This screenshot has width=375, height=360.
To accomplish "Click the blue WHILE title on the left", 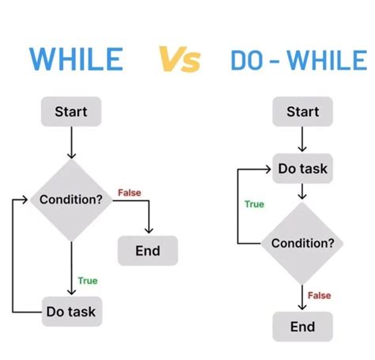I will [x=76, y=59].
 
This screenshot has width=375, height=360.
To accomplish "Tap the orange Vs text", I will [x=180, y=59].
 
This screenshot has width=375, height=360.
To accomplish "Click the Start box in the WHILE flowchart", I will [x=71, y=112].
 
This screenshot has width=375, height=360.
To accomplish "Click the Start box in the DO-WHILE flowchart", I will [x=302, y=112].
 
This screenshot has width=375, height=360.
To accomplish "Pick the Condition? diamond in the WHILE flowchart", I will [x=71, y=199].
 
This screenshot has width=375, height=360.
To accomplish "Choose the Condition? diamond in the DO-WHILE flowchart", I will [x=302, y=243].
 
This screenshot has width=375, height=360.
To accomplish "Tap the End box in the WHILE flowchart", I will [x=148, y=251].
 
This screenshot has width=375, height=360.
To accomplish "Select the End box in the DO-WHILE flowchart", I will [x=302, y=326].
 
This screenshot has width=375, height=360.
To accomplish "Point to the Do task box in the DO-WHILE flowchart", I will [x=302, y=168].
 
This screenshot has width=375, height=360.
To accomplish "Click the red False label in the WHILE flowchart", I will [x=129, y=192].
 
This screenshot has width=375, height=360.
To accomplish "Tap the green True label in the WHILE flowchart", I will [x=87, y=280].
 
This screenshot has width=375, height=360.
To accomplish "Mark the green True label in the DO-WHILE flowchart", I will [x=254, y=204].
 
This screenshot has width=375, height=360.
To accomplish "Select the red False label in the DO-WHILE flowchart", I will [x=319, y=295].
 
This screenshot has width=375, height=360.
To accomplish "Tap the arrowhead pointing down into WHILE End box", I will [x=148, y=231].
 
